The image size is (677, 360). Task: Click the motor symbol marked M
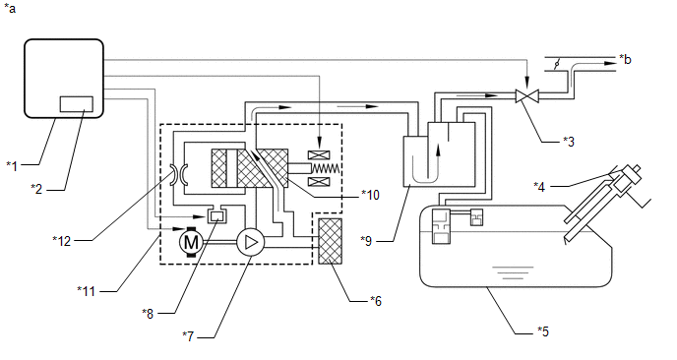pos(191,242)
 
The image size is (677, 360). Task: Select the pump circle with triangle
pos(250,242)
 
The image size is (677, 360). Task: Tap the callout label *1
pos(12,165)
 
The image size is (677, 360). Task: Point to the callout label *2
pos(36,189)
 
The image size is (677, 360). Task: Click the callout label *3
pos(569,142)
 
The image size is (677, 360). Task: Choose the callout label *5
pos(543,331)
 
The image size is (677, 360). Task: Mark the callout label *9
pos(366,240)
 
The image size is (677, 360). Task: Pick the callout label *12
pos(61,240)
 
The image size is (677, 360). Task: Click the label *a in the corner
pos(10,8)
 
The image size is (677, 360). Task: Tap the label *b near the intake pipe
pos(625,59)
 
